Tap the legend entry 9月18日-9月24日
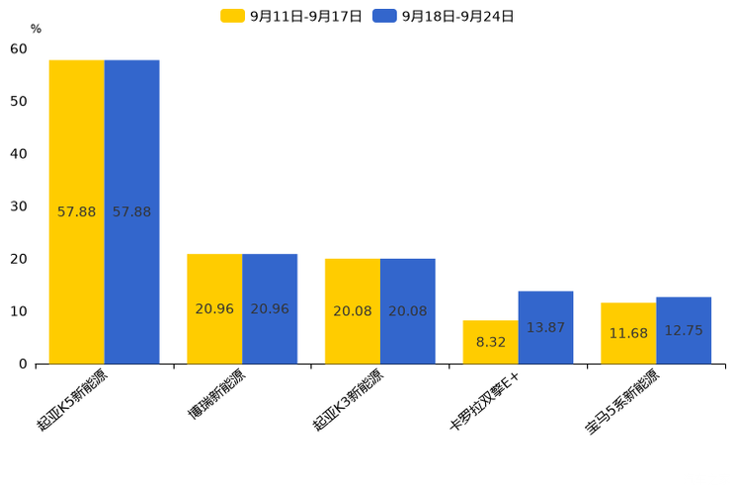(444, 16)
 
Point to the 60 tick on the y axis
(19, 49)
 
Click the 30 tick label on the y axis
(19, 206)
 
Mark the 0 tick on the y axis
(23, 364)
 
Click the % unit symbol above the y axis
(36, 30)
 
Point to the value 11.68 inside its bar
(628, 333)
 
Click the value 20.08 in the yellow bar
(353, 311)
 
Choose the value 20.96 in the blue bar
(270, 309)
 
